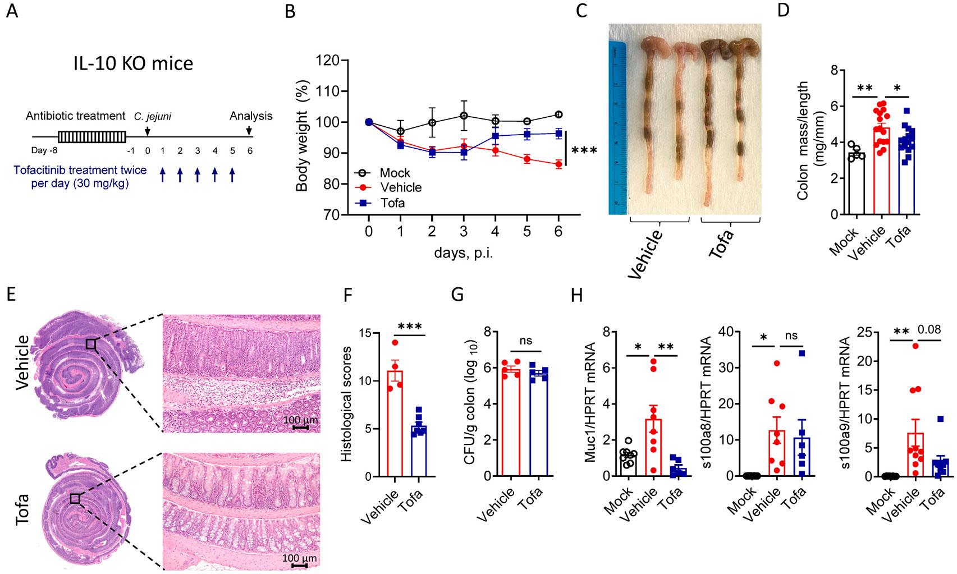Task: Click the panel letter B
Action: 290,12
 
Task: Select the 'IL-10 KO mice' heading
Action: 133,63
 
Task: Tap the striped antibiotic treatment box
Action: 91,137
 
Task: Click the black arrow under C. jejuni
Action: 147,130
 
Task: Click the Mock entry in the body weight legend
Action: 395,173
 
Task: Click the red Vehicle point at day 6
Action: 558,164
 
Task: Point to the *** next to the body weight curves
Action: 584,151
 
